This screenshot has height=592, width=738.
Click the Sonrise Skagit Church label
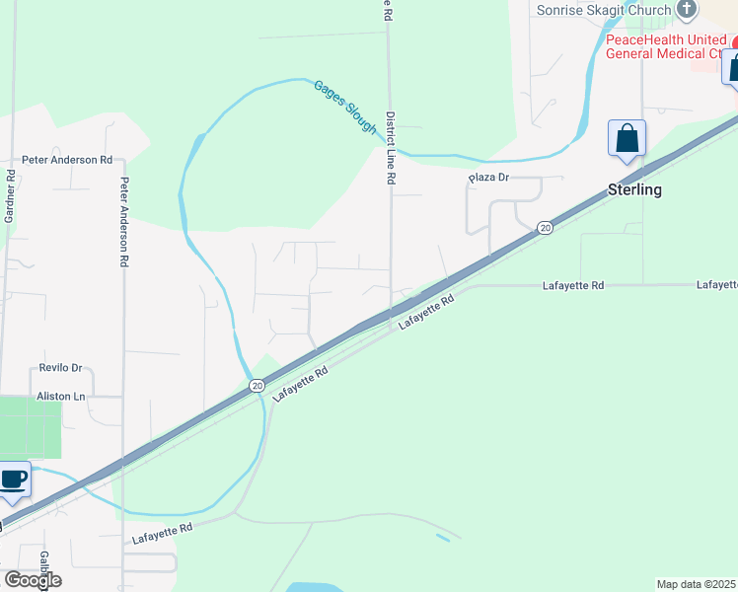pyautogui.click(x=603, y=10)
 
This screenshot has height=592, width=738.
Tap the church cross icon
pyautogui.click(x=688, y=10)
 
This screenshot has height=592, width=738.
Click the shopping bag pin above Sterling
pyautogui.click(x=627, y=139)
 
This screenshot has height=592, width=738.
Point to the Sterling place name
pyautogui.click(x=634, y=189)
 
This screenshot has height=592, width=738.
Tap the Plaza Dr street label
pyautogui.click(x=487, y=178)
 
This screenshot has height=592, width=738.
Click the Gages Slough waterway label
pyautogui.click(x=346, y=107)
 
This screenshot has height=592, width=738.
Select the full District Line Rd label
pyautogui.click(x=391, y=148)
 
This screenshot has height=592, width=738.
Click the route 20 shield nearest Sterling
pyautogui.click(x=545, y=228)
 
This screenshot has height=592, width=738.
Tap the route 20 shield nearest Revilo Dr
pyautogui.click(x=256, y=385)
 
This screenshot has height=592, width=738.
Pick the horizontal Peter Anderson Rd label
pyautogui.click(x=67, y=160)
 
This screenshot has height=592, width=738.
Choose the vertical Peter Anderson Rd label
pyautogui.click(x=124, y=222)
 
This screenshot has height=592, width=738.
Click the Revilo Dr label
pyautogui.click(x=60, y=367)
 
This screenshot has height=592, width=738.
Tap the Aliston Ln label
pyautogui.click(x=61, y=396)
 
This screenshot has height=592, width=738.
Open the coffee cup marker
pyautogui.click(x=13, y=481)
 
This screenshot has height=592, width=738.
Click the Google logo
pyautogui.click(x=32, y=580)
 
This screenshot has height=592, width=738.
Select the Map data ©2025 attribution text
pyautogui.click(x=696, y=584)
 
